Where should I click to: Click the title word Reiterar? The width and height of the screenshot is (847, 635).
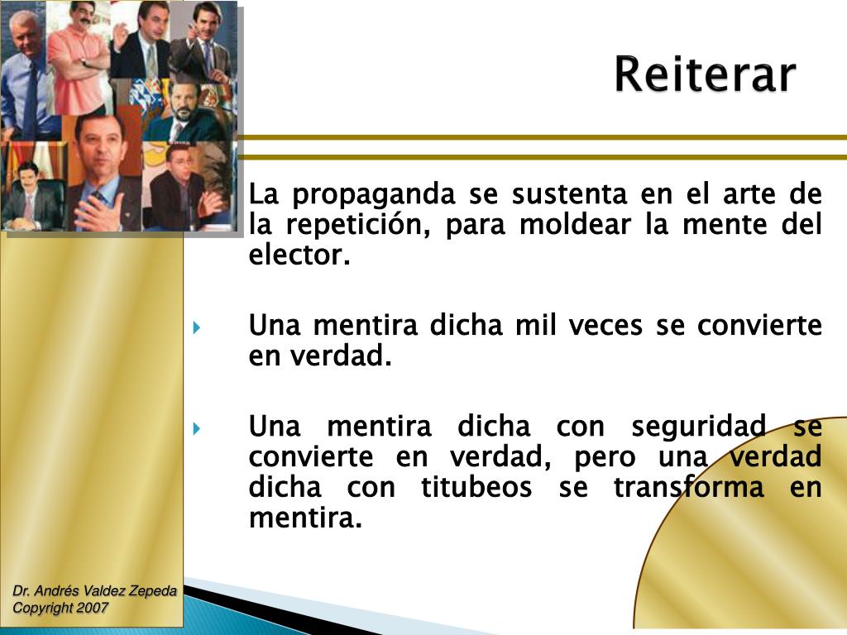click(705, 75)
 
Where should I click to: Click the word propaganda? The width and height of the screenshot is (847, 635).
click(374, 195)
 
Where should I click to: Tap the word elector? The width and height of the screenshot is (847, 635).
click(299, 255)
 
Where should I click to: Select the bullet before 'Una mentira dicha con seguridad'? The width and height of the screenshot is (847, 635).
click(197, 428)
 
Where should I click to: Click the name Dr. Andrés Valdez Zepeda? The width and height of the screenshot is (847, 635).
click(94, 591)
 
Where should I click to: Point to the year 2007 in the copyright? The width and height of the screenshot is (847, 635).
click(93, 608)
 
